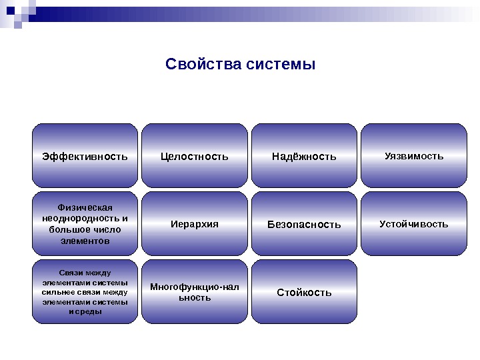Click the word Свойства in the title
(x=203, y=65)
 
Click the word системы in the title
(x=279, y=65)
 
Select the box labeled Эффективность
(x=85, y=156)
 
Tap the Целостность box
(x=195, y=156)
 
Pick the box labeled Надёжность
(x=304, y=156)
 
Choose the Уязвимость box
(x=414, y=156)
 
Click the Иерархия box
(x=195, y=224)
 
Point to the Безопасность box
(x=304, y=224)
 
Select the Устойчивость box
(x=414, y=224)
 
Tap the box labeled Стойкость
(x=304, y=292)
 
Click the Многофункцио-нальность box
(x=195, y=292)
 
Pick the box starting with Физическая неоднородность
(x=85, y=224)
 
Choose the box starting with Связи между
(x=85, y=292)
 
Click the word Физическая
(x=85, y=207)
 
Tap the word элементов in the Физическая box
(x=85, y=241)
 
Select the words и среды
(x=85, y=311)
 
